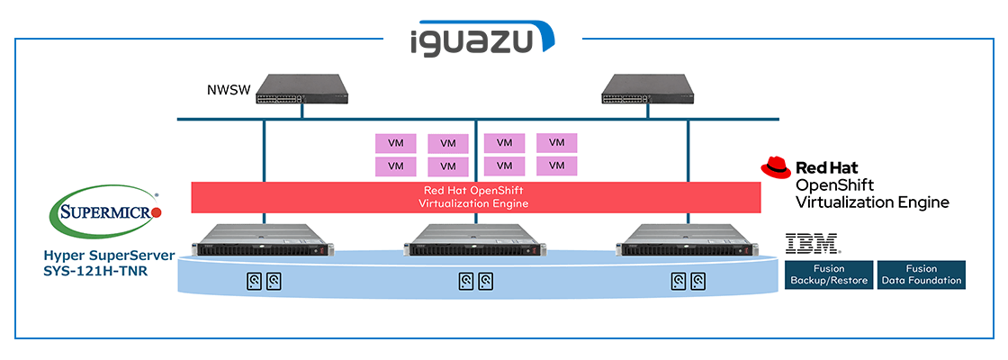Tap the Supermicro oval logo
pos(105,212)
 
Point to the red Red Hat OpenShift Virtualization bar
pos(476,197)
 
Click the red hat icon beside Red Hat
pos(776,166)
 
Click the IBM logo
pos(812,242)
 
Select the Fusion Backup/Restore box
pos(828,274)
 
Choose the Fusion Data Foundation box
pos(921,274)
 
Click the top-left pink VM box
pos(395,143)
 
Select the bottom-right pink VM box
pos(556,166)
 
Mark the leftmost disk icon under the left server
pos(254,282)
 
